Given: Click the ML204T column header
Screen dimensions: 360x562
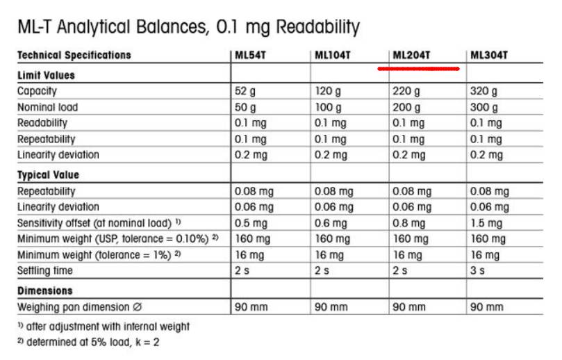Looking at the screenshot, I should tap(412, 55).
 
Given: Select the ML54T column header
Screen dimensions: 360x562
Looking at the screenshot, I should tap(251, 55).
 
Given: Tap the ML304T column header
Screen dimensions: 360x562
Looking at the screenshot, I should tap(489, 55).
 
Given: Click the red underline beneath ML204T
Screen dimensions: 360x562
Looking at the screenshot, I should tap(418, 69).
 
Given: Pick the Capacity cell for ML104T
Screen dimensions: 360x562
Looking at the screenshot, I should tap(328, 91).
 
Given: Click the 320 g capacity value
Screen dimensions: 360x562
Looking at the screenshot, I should tap(484, 91).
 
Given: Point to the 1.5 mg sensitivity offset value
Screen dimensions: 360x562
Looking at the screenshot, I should tap(487, 223).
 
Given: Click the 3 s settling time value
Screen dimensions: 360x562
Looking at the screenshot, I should tap(477, 270).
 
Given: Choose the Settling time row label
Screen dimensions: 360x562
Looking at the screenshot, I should tap(44, 270).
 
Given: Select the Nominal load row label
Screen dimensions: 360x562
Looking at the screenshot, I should tap(47, 108).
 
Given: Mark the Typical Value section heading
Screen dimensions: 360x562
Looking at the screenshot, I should tap(48, 174).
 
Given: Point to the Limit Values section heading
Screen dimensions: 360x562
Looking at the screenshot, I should tap(46, 75).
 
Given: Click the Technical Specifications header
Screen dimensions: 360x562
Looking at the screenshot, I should tap(74, 55).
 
